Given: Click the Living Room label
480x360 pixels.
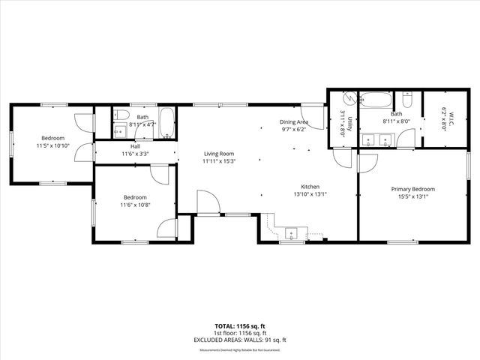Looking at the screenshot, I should [220, 154].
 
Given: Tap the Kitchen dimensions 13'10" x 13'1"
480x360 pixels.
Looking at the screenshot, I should [310, 193].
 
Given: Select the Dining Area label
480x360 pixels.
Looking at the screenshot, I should [295, 122].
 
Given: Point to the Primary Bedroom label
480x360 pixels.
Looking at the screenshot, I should [412, 189].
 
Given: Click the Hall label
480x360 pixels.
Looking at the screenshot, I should [135, 146].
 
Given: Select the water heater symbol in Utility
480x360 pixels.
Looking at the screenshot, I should [348, 99].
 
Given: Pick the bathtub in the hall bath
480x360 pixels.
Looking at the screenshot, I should [166, 122].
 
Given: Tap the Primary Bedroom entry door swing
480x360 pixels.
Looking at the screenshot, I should [367, 163].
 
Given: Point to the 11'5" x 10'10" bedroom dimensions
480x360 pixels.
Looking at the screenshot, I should [52, 145].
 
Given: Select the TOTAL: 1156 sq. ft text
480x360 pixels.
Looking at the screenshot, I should [240, 325].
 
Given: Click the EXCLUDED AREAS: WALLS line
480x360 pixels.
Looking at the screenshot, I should [240, 340].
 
